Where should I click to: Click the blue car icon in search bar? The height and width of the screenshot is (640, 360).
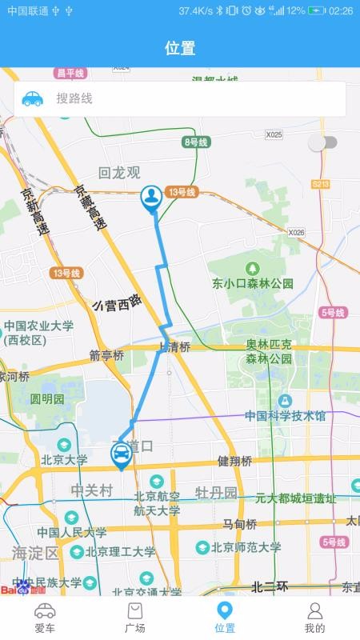click(x=32, y=98)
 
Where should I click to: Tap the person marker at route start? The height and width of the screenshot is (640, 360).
click(x=151, y=198)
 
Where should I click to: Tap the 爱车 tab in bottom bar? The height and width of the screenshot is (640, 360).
click(x=45, y=618)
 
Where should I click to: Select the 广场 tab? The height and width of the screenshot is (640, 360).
click(x=135, y=618)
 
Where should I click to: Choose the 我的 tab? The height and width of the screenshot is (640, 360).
click(x=314, y=618)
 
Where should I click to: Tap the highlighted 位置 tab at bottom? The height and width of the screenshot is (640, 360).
click(x=225, y=618)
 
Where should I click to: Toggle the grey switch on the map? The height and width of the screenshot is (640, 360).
click(x=322, y=142)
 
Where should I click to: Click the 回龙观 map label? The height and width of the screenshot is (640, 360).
click(x=118, y=172)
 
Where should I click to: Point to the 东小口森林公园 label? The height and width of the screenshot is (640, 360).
click(x=253, y=283)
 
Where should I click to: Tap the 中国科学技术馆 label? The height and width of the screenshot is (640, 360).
click(x=286, y=415)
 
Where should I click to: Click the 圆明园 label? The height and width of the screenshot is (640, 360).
click(x=47, y=398)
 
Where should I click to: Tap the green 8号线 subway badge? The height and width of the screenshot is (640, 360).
click(x=195, y=142)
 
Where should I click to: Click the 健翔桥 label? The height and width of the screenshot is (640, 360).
click(x=234, y=462)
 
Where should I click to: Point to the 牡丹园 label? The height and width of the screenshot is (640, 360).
click(x=217, y=492)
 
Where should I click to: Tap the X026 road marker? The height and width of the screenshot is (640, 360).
click(x=297, y=232)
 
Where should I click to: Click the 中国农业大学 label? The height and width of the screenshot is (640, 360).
click(x=38, y=326)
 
